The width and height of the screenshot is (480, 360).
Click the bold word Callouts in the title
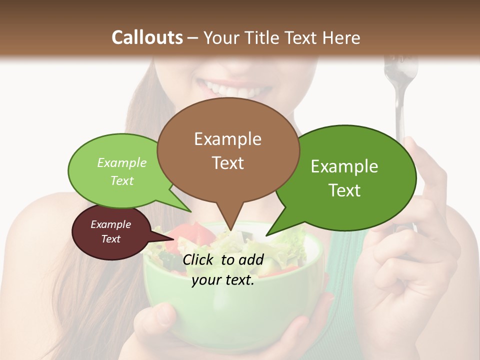pyautogui.click(x=147, y=37)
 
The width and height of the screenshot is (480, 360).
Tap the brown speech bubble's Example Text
pyautogui.click(x=227, y=150)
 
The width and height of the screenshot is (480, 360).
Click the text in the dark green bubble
pyautogui.click(x=344, y=178)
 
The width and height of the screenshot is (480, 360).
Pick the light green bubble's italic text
pyautogui.click(x=122, y=171)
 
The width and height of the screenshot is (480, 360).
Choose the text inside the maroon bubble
pyautogui.click(x=110, y=231)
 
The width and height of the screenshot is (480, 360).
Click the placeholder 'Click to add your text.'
pyautogui.click(x=223, y=269)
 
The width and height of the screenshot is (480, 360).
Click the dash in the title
pyautogui.click(x=193, y=37)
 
